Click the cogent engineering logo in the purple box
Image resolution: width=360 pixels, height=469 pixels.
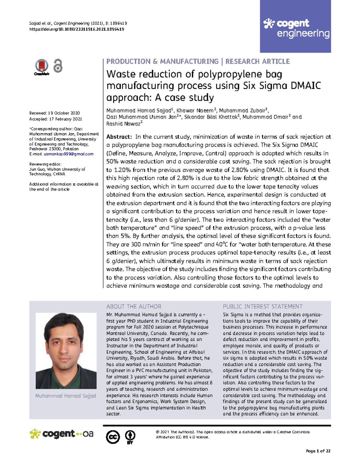296,28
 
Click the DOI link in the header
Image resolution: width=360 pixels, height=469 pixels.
76,29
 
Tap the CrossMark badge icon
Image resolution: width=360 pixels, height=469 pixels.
42,67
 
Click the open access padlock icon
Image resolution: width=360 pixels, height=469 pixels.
58,66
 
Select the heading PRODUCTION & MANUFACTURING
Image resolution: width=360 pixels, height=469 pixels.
162,62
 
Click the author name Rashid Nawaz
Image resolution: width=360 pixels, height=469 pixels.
123,124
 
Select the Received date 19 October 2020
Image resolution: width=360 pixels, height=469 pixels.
64,113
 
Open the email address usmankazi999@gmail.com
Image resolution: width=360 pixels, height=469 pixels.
69,154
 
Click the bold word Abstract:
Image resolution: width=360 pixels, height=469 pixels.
119,137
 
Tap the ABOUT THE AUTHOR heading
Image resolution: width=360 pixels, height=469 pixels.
133,306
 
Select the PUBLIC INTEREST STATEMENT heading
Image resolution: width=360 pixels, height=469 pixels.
262,306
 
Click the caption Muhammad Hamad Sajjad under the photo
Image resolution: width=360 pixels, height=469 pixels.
66,396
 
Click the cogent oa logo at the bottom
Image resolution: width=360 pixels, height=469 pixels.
61,434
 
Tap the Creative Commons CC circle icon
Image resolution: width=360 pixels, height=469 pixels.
113,437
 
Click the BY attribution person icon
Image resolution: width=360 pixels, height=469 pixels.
130,437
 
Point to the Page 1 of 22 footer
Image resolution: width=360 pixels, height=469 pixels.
318,451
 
